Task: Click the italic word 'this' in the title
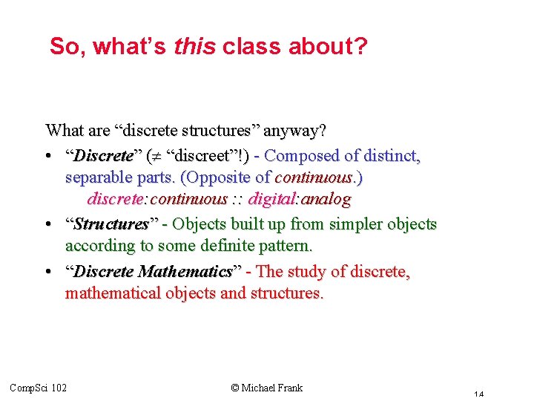[194, 47]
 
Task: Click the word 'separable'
[96, 178]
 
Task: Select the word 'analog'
[323, 199]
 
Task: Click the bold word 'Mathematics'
[185, 272]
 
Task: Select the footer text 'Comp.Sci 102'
[39, 388]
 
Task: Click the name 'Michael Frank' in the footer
[271, 387]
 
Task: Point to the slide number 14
[479, 394]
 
